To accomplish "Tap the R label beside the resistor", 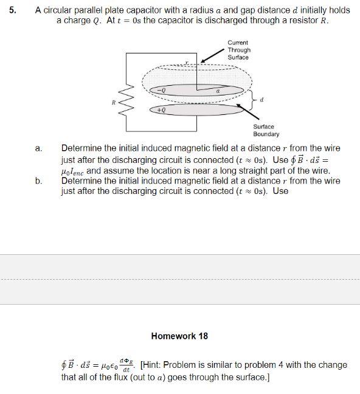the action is point(112,103).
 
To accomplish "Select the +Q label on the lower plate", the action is point(161,111).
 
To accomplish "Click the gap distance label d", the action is point(261,99).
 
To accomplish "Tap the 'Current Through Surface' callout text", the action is point(239,50).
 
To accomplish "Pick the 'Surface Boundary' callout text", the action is point(266,130).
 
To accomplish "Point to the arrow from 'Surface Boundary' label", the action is point(237,114).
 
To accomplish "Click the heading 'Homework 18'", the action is point(179,336).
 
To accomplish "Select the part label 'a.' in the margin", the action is point(38,148).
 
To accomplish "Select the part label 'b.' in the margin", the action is point(38,181).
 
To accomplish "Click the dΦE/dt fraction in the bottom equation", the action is point(126,365).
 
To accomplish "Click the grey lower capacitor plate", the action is point(195,111).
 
